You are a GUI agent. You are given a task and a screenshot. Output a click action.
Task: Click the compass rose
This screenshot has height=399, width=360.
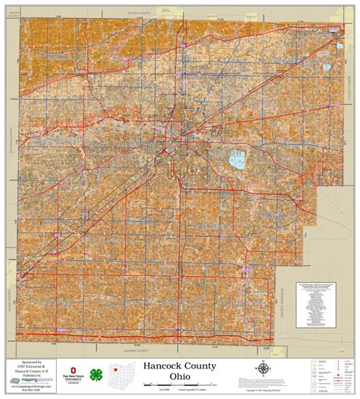pyautogui.click(x=262, y=369)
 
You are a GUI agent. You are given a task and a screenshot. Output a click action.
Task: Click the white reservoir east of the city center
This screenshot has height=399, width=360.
pyautogui.click(x=237, y=161)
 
